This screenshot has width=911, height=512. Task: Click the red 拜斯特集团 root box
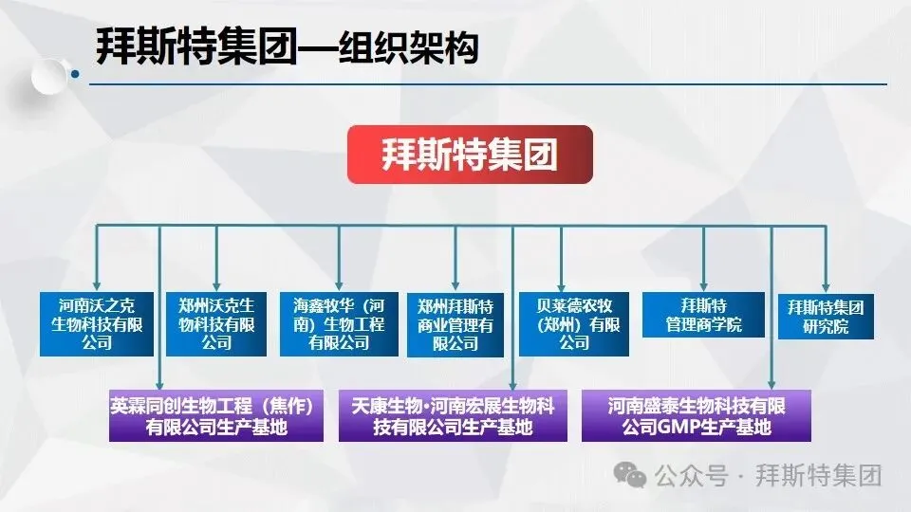(470, 155)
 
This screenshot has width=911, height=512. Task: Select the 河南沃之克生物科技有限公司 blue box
(97, 323)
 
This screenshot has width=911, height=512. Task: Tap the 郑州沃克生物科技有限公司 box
(216, 323)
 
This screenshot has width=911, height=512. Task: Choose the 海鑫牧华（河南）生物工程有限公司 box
(339, 323)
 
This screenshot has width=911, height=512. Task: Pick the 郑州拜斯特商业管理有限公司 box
(455, 323)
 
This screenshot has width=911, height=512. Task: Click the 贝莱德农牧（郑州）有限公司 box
(574, 323)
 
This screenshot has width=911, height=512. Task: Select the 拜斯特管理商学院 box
(703, 316)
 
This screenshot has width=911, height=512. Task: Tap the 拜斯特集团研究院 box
(826, 317)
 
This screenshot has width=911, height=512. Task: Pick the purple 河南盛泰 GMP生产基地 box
(697, 416)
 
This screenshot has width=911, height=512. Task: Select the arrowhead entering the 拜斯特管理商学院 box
(703, 283)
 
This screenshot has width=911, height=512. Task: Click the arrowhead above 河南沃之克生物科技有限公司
(97, 283)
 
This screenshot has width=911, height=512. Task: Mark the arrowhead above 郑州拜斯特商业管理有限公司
(455, 283)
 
